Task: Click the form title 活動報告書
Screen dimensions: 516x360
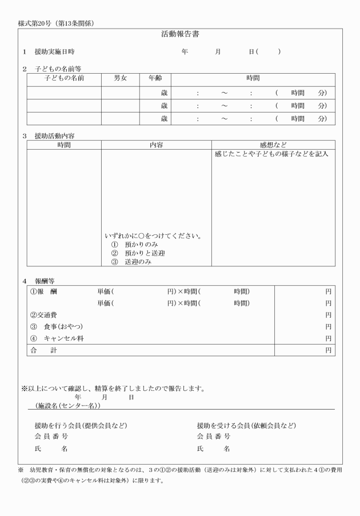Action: [x=180, y=34]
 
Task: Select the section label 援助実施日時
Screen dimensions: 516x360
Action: [x=54, y=52]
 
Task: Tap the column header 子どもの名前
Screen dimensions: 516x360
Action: [x=64, y=77]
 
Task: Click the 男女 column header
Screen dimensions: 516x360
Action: [x=121, y=77]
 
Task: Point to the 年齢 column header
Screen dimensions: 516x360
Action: [x=155, y=77]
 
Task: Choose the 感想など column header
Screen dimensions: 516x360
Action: [x=273, y=145]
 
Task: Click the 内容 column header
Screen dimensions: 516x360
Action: [x=156, y=145]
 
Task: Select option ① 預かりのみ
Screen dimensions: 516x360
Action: [x=134, y=245]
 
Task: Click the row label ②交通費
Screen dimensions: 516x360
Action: [x=43, y=315]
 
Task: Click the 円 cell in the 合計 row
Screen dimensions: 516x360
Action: [x=328, y=350]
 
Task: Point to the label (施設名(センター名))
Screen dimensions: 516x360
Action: [x=67, y=405]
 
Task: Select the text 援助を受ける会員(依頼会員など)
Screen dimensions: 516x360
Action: [x=246, y=426]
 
